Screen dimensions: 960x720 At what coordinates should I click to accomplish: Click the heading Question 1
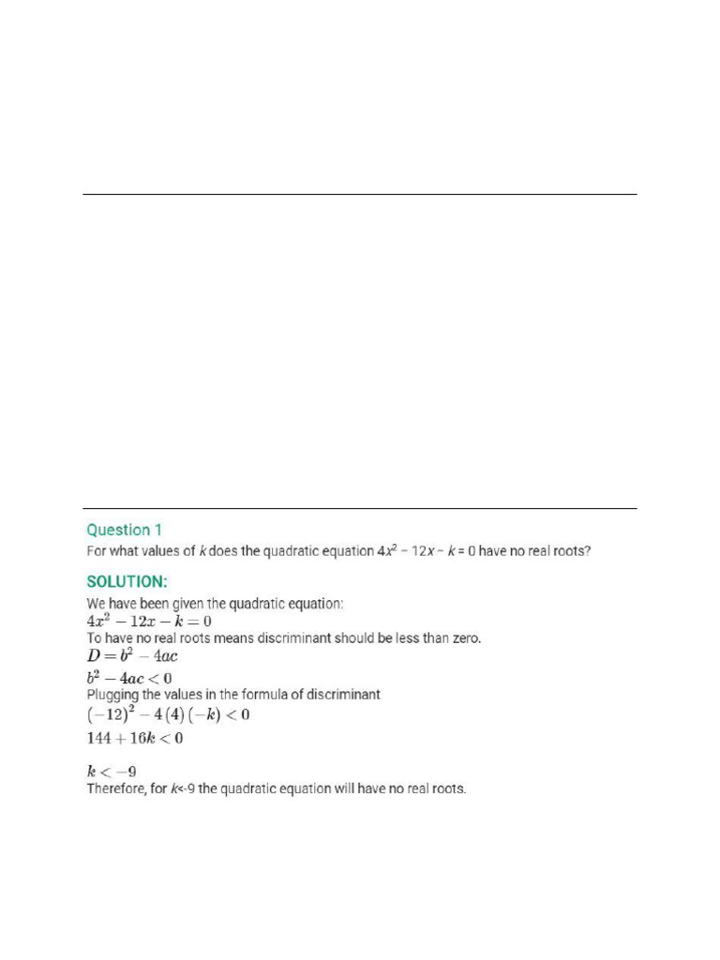[124, 530]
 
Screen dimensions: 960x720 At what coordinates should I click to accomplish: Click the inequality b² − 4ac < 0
[129, 677]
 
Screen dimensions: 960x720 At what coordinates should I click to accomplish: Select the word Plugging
[112, 695]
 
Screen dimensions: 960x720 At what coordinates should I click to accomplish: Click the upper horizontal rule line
[359, 195]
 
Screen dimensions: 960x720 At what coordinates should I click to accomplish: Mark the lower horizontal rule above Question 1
[359, 509]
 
